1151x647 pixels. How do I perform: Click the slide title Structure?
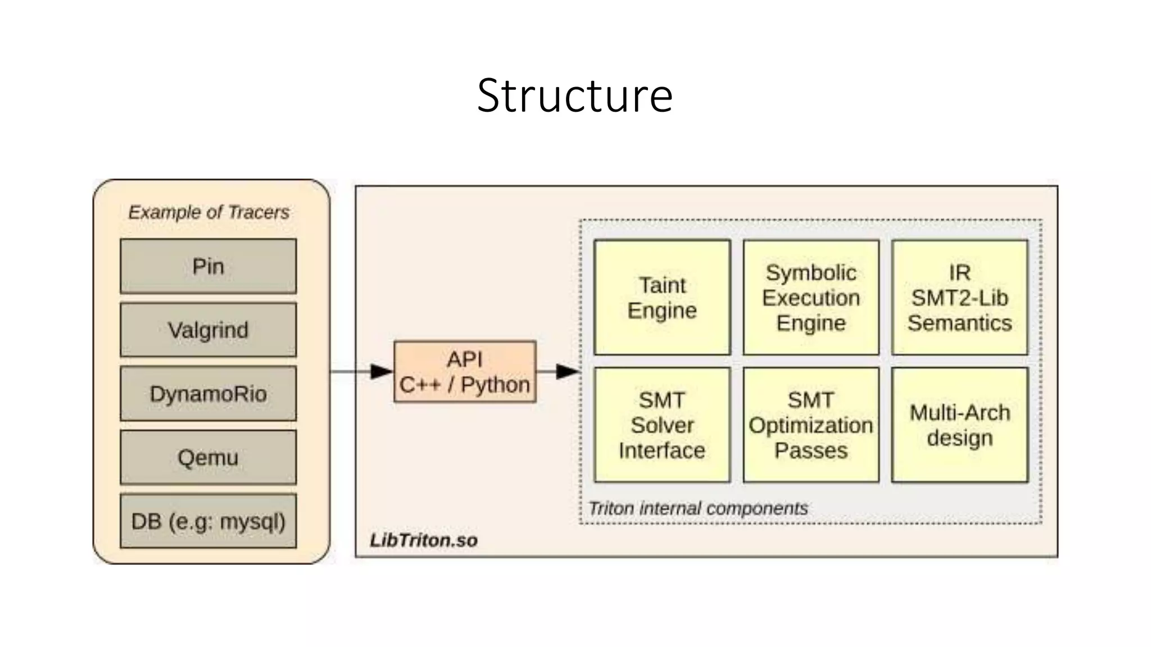click(575, 95)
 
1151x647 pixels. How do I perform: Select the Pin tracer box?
click(208, 266)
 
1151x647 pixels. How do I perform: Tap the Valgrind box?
click(208, 330)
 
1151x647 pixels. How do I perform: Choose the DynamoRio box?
click(208, 394)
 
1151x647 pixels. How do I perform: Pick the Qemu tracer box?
click(208, 458)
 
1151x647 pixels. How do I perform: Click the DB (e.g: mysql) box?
click(208, 521)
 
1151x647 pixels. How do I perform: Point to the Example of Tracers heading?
click(209, 212)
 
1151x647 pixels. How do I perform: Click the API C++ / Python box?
click(465, 371)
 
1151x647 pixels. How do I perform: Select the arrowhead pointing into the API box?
click(382, 371)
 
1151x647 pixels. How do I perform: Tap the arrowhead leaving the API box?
click(567, 371)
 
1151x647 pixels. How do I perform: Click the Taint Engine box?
click(662, 298)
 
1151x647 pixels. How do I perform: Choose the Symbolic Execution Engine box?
click(811, 298)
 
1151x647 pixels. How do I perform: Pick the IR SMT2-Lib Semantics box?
click(959, 298)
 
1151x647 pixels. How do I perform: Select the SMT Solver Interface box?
click(662, 425)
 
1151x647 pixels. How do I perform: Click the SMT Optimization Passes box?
click(811, 425)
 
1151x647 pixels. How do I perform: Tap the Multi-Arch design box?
click(959, 425)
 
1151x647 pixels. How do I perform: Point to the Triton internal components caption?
click(697, 508)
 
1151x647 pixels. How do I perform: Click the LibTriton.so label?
click(424, 540)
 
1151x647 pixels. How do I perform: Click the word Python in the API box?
click(495, 385)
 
